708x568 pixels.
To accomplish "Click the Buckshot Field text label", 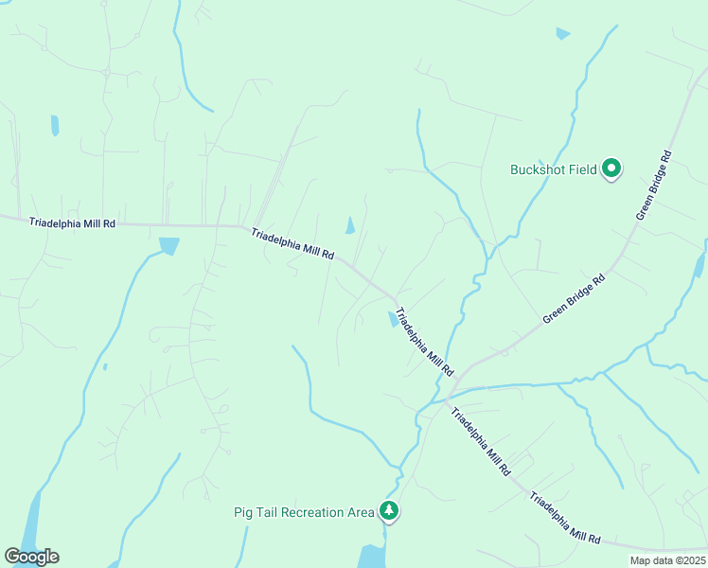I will point(553,170).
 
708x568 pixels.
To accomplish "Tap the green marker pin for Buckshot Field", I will point(611,169).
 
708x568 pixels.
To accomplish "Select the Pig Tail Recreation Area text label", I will point(304,512).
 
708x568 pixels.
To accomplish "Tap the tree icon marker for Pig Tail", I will point(389,510).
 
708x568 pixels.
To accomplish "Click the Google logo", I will point(31,557).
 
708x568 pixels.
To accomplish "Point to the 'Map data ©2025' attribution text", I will point(666,560).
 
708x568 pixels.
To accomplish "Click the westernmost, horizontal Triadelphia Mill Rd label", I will point(72,223).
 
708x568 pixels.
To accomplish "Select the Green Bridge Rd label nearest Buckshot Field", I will point(653,186).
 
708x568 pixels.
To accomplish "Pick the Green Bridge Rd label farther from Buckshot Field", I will point(574,300).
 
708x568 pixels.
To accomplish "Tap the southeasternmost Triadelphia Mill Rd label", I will point(565,517).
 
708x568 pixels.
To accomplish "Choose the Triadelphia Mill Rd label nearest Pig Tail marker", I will point(480,441).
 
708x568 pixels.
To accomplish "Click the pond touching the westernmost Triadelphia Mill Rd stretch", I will point(168,246).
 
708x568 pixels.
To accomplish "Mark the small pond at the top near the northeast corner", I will point(563,34).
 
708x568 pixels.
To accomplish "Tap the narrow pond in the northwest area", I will point(55,125).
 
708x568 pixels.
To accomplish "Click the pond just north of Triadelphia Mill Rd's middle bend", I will point(350,225).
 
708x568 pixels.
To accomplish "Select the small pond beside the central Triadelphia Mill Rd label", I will point(393,319).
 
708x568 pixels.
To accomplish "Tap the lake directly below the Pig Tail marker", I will point(372,557).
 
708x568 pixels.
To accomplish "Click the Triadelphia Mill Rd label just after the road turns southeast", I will point(293,243).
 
